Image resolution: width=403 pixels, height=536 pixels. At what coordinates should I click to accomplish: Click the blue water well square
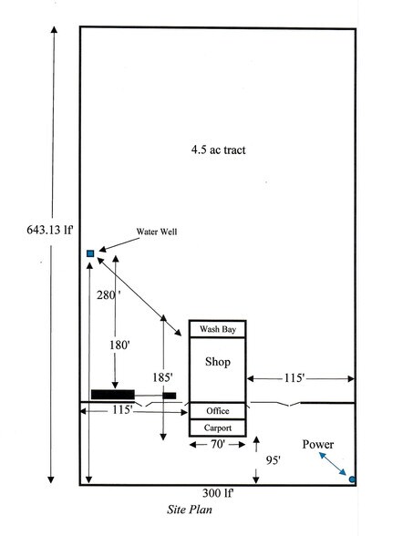[x=90, y=253]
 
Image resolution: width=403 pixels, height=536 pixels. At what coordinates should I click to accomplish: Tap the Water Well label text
[x=157, y=232]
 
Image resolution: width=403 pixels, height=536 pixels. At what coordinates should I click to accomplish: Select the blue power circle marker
[x=352, y=479]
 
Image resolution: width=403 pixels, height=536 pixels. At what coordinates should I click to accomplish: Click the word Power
[x=318, y=445]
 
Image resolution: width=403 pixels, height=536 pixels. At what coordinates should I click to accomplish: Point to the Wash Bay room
[x=217, y=329]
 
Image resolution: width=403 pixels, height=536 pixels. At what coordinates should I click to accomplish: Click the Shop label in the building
[x=218, y=362]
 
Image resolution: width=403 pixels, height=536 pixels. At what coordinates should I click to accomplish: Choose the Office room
[x=217, y=411]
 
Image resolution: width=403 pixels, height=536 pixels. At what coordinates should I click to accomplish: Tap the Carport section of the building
[x=217, y=428]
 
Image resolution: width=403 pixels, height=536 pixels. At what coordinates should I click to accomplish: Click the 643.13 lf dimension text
[x=50, y=230]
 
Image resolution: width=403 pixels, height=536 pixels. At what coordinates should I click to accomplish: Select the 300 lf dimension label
[x=218, y=493]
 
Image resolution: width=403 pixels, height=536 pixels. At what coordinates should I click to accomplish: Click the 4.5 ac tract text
[x=219, y=149]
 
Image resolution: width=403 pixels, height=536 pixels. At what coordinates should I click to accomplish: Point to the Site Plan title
[x=190, y=510]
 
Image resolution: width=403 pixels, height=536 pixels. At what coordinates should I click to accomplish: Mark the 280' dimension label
[x=108, y=295]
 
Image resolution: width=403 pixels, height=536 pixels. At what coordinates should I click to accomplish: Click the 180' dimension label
[x=119, y=345]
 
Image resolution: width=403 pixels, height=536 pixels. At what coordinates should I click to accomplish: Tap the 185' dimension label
[x=162, y=377]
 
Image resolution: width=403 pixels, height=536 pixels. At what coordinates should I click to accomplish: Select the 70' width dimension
[x=218, y=445]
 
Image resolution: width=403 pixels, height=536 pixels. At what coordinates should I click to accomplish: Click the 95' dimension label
[x=273, y=460]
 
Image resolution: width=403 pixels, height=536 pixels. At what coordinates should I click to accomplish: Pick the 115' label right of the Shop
[x=294, y=378]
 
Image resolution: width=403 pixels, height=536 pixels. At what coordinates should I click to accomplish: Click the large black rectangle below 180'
[x=113, y=395]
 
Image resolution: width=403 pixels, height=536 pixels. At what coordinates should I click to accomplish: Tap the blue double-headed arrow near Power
[x=332, y=463]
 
